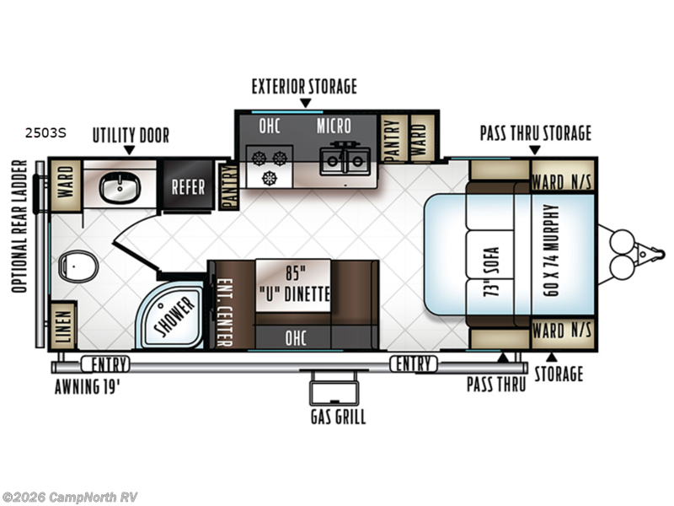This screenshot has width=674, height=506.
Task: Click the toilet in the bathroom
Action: point(78,266)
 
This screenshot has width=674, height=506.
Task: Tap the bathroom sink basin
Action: point(120,187)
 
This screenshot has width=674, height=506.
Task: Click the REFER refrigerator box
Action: point(188,186)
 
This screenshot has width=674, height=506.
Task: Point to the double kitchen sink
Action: point(345,160)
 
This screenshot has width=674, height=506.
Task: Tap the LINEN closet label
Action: point(63,326)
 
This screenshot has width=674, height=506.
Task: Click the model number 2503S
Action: point(45,133)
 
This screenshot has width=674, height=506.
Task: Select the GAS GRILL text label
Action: point(339,417)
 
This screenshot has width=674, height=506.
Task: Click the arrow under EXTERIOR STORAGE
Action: point(305,103)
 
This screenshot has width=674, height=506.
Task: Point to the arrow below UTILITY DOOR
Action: point(130,150)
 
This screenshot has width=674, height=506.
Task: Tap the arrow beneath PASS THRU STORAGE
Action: point(535,150)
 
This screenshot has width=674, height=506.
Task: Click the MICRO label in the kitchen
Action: point(334,126)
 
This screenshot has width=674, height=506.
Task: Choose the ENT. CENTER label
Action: point(224,311)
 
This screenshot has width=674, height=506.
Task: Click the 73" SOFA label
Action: point(491,272)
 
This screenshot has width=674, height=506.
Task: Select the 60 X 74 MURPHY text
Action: point(551,250)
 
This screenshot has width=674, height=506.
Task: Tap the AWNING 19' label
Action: point(87,386)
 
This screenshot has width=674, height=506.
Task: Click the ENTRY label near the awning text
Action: point(105,364)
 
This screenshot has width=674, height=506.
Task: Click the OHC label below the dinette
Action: point(296,338)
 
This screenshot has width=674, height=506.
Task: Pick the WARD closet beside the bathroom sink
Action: point(66,186)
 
